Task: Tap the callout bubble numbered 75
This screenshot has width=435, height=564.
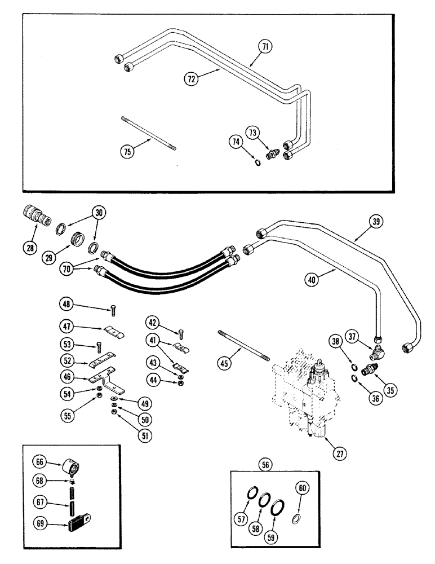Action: (x=129, y=151)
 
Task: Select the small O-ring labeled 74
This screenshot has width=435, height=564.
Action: (x=257, y=164)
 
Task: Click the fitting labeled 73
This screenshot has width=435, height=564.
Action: (x=273, y=154)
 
